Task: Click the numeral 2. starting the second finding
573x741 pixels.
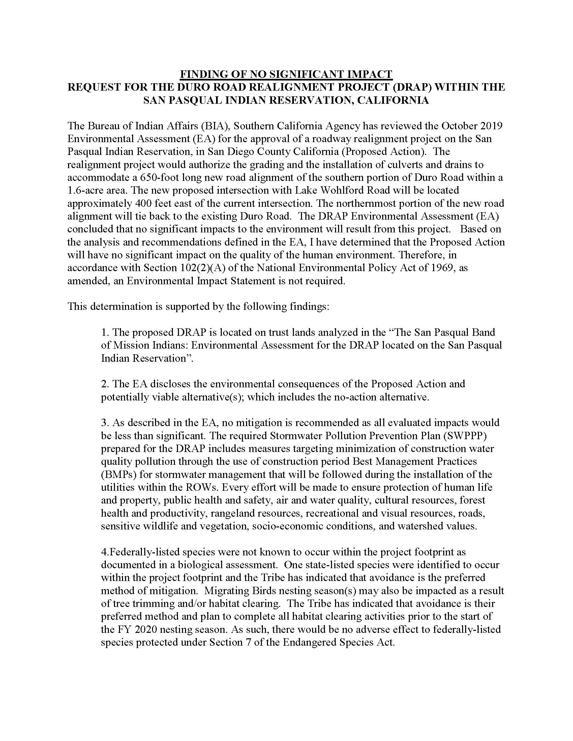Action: [104, 384]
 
